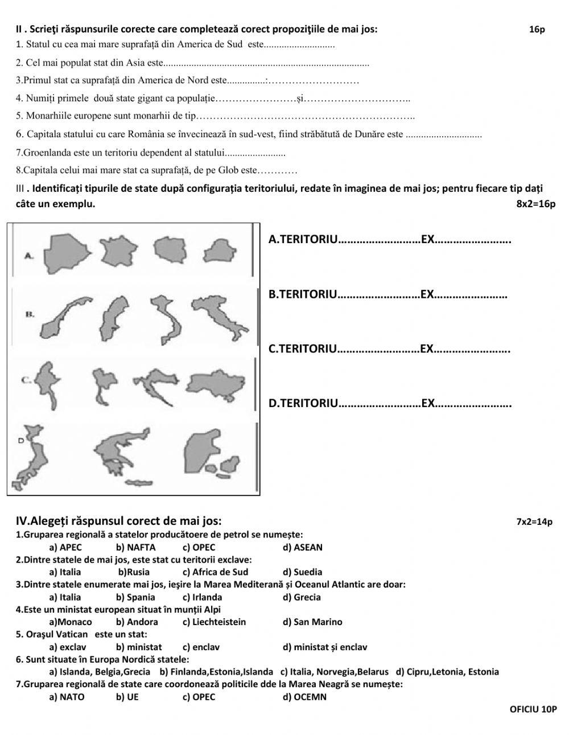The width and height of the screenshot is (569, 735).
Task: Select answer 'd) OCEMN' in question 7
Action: pyautogui.click(x=304, y=697)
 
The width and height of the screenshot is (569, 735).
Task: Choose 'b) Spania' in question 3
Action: pyautogui.click(x=135, y=597)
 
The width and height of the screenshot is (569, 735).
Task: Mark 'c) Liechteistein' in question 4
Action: pyautogui.click(x=214, y=622)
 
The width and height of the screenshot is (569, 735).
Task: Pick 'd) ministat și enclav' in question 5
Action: pyautogui.click(x=324, y=647)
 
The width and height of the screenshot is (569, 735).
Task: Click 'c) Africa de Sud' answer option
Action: pyautogui.click(x=215, y=572)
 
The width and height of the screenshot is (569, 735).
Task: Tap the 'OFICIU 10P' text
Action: pyautogui.click(x=533, y=709)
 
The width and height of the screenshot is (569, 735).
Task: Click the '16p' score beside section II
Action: pyautogui.click(x=537, y=30)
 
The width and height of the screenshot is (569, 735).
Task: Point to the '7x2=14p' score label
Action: pyautogui.click(x=534, y=522)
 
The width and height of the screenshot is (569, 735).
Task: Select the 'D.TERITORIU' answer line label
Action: pyautogui.click(x=303, y=404)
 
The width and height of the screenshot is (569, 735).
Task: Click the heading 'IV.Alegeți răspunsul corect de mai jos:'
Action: pyautogui.click(x=118, y=521)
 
